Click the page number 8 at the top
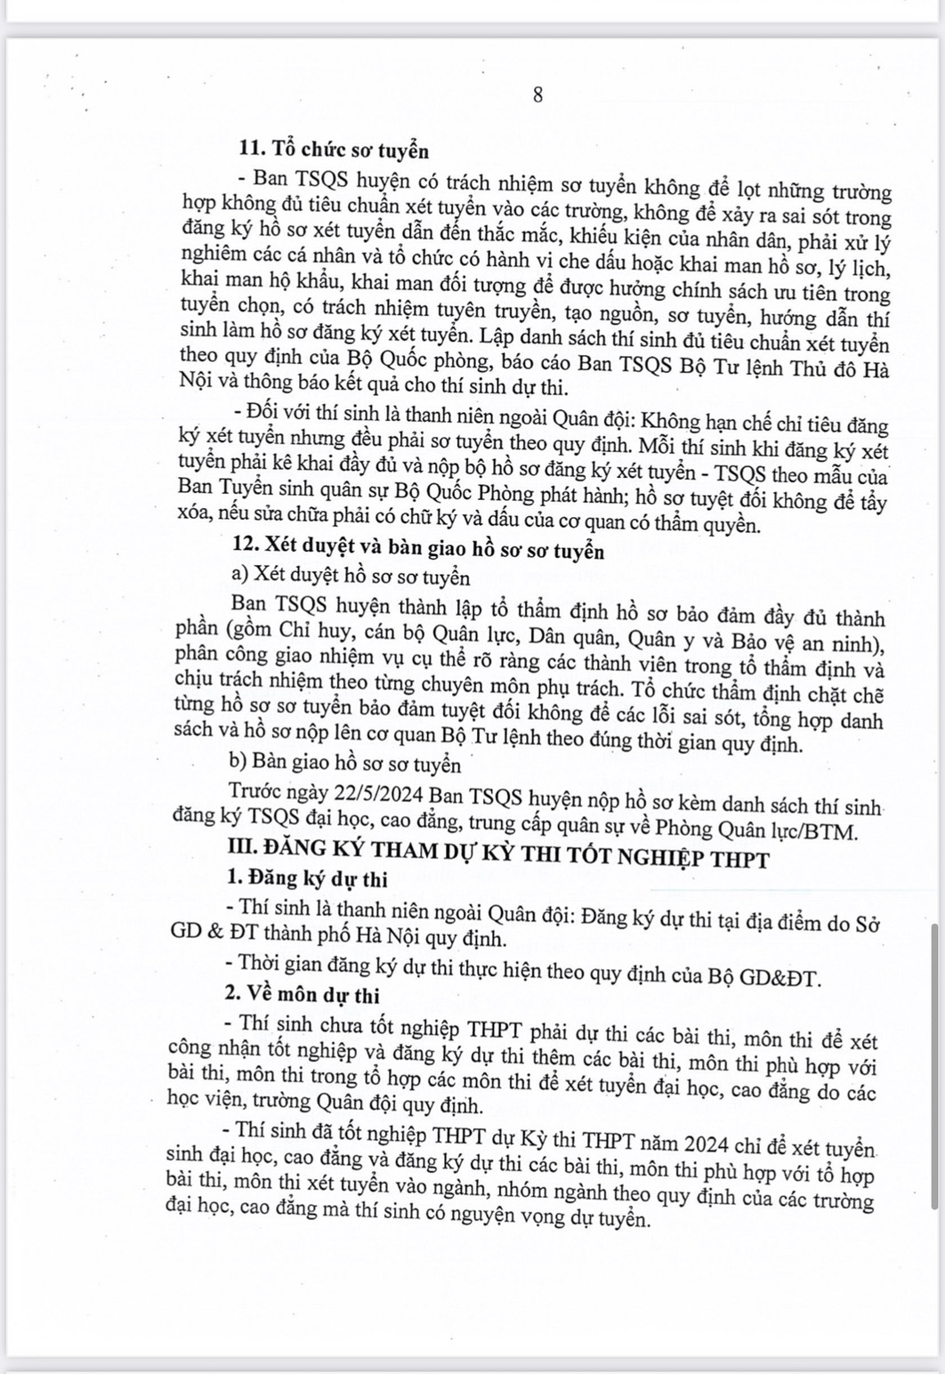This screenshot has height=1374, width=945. (x=537, y=96)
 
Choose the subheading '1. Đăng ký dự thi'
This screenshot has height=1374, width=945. (x=308, y=880)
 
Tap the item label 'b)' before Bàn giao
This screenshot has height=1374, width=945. (x=238, y=763)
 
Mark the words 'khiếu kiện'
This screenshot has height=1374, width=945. (x=610, y=240)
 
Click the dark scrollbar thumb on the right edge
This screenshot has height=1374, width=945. (x=934, y=1067)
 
